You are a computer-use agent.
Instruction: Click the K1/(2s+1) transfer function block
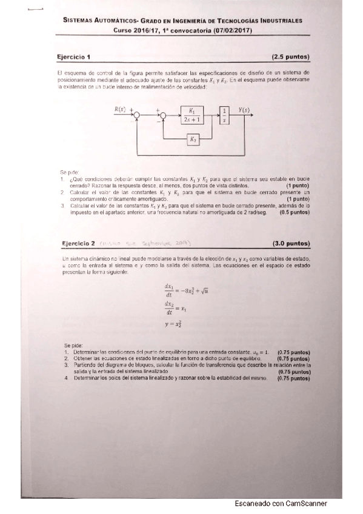tap(192, 115)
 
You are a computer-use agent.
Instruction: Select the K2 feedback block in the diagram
tap(192, 140)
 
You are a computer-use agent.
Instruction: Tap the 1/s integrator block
tap(225, 115)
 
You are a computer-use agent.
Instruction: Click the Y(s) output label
tap(245, 110)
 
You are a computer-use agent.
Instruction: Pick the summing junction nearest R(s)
tap(138, 115)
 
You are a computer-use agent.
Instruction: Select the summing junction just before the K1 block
tap(162, 115)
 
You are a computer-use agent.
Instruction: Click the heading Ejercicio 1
tap(73, 57)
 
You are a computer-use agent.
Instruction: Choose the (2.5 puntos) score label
tap(291, 57)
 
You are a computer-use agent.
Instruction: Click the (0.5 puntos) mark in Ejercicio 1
tap(294, 213)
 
